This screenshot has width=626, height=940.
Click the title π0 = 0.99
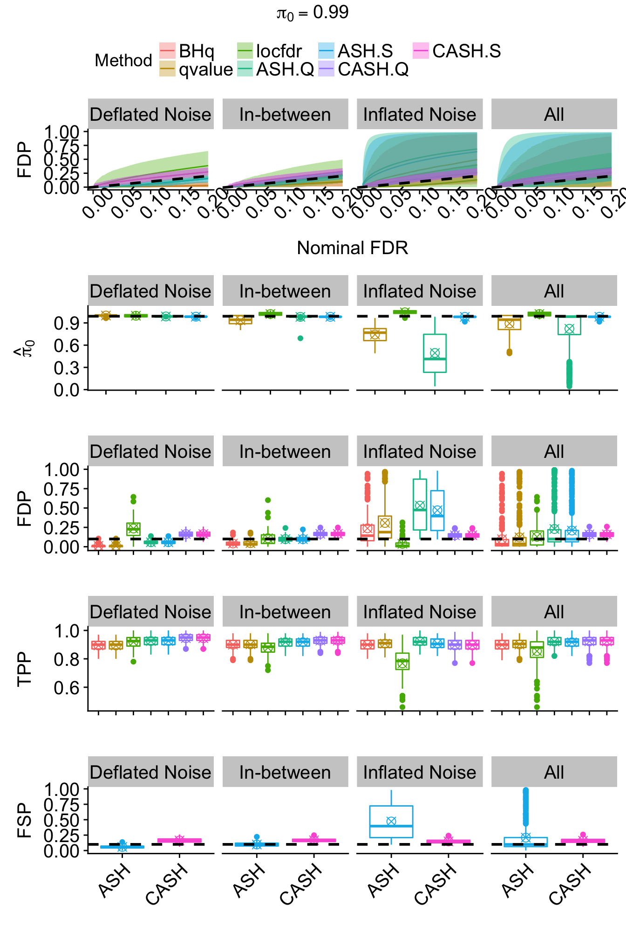(313, 13)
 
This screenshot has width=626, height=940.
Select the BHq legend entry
(187, 51)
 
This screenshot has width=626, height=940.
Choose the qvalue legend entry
(196, 69)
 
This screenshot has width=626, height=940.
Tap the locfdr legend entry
(269, 51)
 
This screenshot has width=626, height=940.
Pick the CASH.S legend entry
(456, 51)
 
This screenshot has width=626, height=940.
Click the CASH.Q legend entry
(363, 69)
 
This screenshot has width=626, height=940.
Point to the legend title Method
(123, 61)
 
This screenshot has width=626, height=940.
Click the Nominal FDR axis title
(352, 248)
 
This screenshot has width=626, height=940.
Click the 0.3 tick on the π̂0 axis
(67, 368)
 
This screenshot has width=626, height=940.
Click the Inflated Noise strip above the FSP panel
(420, 772)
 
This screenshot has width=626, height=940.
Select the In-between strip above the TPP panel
(285, 612)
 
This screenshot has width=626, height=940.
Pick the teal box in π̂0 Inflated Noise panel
(435, 353)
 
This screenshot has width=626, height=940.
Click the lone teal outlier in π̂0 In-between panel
(300, 338)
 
